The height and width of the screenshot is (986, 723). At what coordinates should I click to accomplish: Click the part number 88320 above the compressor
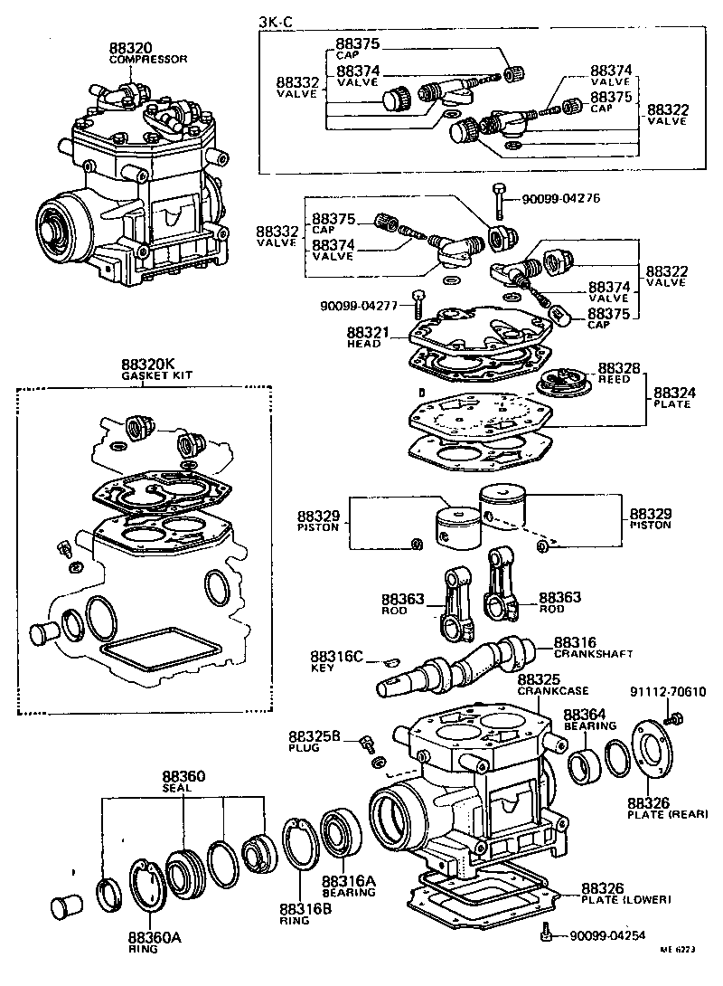(130, 47)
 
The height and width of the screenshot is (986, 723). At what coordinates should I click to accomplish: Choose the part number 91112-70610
(667, 693)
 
